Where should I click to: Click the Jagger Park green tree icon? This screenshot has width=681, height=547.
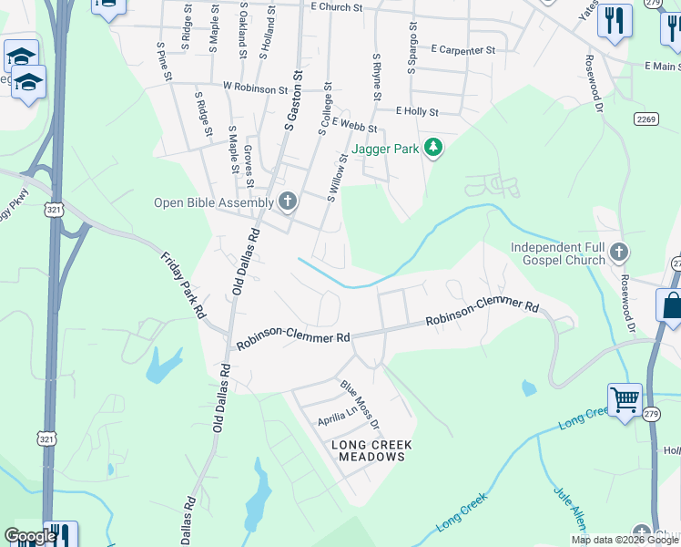click(433, 148)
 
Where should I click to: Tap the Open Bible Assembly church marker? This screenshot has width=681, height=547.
click(288, 201)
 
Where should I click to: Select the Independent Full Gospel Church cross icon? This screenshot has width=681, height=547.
click(619, 252)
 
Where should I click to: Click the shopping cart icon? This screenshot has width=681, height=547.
click(625, 398)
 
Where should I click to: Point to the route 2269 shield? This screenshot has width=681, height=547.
click(646, 119)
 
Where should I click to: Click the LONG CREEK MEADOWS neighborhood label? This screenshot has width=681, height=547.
click(371, 450)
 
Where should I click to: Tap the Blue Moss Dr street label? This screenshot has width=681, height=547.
click(359, 407)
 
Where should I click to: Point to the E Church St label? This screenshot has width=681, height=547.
click(336, 6)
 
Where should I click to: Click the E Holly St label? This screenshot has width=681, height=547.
click(417, 112)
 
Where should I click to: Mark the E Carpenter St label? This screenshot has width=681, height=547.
click(463, 50)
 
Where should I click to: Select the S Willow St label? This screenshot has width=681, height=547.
click(338, 177)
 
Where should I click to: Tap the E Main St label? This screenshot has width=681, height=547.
click(661, 67)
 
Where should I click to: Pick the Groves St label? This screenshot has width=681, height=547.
click(248, 160)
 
